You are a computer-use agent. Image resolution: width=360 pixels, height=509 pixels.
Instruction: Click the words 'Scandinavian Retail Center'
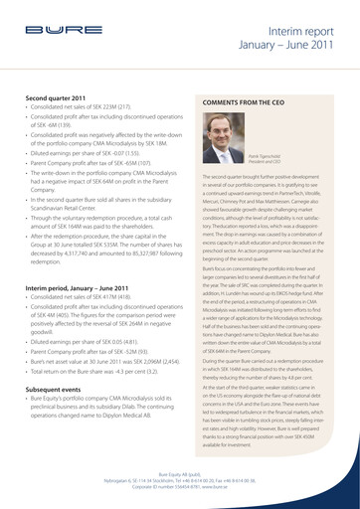coord(69,197)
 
